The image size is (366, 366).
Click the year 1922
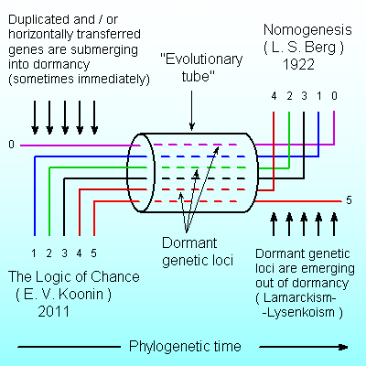pyautogui.click(x=298, y=64)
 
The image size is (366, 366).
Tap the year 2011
pyautogui.click(x=54, y=311)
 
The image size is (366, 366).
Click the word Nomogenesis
pyautogui.click(x=307, y=30)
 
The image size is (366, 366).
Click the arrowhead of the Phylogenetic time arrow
pyautogui.click(x=343, y=347)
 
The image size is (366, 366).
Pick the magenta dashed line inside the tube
pyautogui.click(x=196, y=145)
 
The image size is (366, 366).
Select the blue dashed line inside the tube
pyautogui.click(x=199, y=156)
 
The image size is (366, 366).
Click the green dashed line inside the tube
pyautogui.click(x=199, y=167)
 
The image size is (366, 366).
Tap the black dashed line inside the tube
pyautogui.click(x=199, y=178)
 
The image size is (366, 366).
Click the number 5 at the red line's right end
pyautogui.click(x=349, y=200)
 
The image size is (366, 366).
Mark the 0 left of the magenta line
pyautogui.click(x=11, y=144)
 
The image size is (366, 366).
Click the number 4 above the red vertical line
pyautogui.click(x=274, y=96)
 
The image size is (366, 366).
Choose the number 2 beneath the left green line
pyautogui.click(x=49, y=253)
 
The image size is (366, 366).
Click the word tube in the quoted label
pyautogui.click(x=199, y=76)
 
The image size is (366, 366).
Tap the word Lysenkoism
pyautogui.click(x=301, y=312)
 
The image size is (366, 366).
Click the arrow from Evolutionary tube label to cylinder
pyautogui.click(x=192, y=110)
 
